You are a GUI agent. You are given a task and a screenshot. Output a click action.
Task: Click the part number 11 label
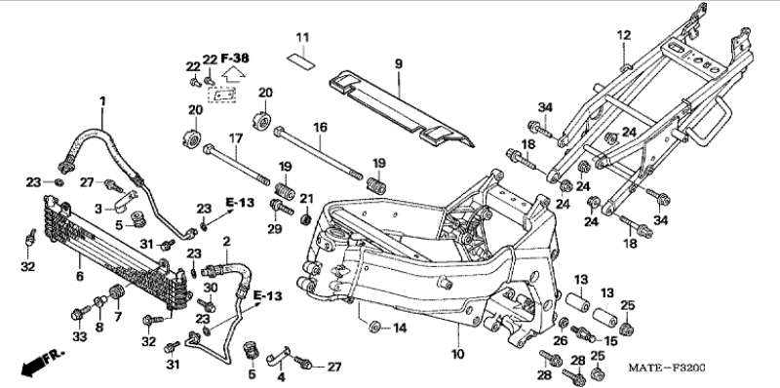tap(302, 38)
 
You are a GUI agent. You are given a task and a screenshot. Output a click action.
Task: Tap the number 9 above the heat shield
tap(399, 64)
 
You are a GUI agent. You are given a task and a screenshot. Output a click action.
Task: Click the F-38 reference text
tap(235, 58)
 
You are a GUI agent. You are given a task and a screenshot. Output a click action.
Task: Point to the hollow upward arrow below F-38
tap(234, 74)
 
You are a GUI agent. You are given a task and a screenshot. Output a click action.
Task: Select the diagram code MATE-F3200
tap(667, 369)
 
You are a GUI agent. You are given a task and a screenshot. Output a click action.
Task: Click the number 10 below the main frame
tap(457, 354)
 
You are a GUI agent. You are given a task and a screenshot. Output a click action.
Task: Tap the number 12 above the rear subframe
tap(624, 35)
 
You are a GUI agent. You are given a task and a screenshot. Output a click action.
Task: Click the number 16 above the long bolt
tap(320, 128)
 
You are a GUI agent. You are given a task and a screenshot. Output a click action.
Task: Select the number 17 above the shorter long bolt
tap(235, 137)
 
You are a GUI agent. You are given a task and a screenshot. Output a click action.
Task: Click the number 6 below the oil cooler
tap(80, 276)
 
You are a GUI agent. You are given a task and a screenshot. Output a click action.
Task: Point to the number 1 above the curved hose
tap(102, 101)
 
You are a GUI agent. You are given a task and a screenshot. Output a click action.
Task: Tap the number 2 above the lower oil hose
tap(227, 242)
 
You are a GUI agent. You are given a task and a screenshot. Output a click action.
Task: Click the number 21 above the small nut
tap(306, 199)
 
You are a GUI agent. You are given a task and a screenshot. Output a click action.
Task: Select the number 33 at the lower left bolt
tap(80, 336)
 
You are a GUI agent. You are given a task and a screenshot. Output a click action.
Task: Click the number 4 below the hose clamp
tap(281, 376)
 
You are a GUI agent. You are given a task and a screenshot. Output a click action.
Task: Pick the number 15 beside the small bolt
tap(610, 341)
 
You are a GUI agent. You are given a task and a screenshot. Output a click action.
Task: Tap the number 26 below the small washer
tap(561, 340)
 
